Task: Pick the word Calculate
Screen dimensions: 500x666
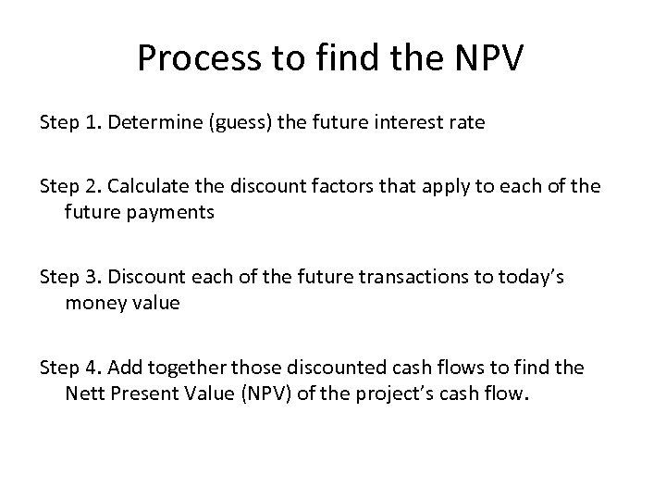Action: pos(149,185)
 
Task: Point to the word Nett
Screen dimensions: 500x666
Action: pos(85,395)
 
